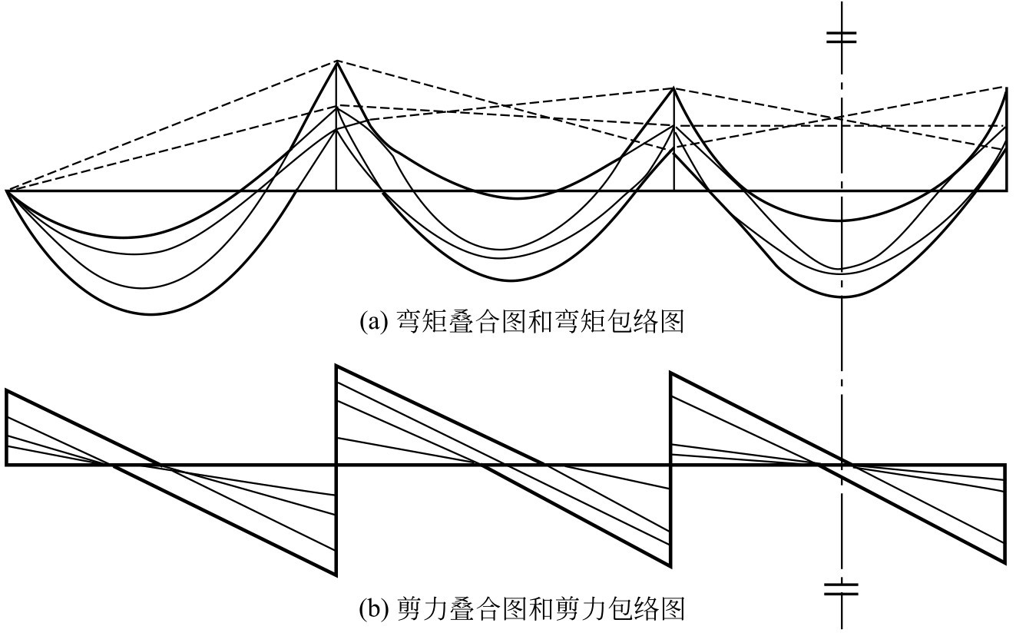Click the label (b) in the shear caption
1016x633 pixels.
pos(375,610)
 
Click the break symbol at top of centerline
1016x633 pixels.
pos(842,37)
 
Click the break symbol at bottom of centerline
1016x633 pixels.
pos(842,590)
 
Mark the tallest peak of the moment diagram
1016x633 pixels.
pos(336,61)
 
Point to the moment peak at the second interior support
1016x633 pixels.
pos(673,88)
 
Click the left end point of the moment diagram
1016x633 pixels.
pos(6,191)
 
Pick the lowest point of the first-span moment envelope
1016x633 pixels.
pos(154,315)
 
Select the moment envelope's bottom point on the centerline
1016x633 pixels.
pos(842,297)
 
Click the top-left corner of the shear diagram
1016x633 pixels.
pos(6,391)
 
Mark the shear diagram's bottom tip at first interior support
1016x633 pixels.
pos(336,574)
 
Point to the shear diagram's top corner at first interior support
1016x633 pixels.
pos(336,366)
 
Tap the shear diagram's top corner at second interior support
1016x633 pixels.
pos(672,373)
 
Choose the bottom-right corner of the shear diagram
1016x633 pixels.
pos(1005,563)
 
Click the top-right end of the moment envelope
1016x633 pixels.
pos(1006,88)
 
